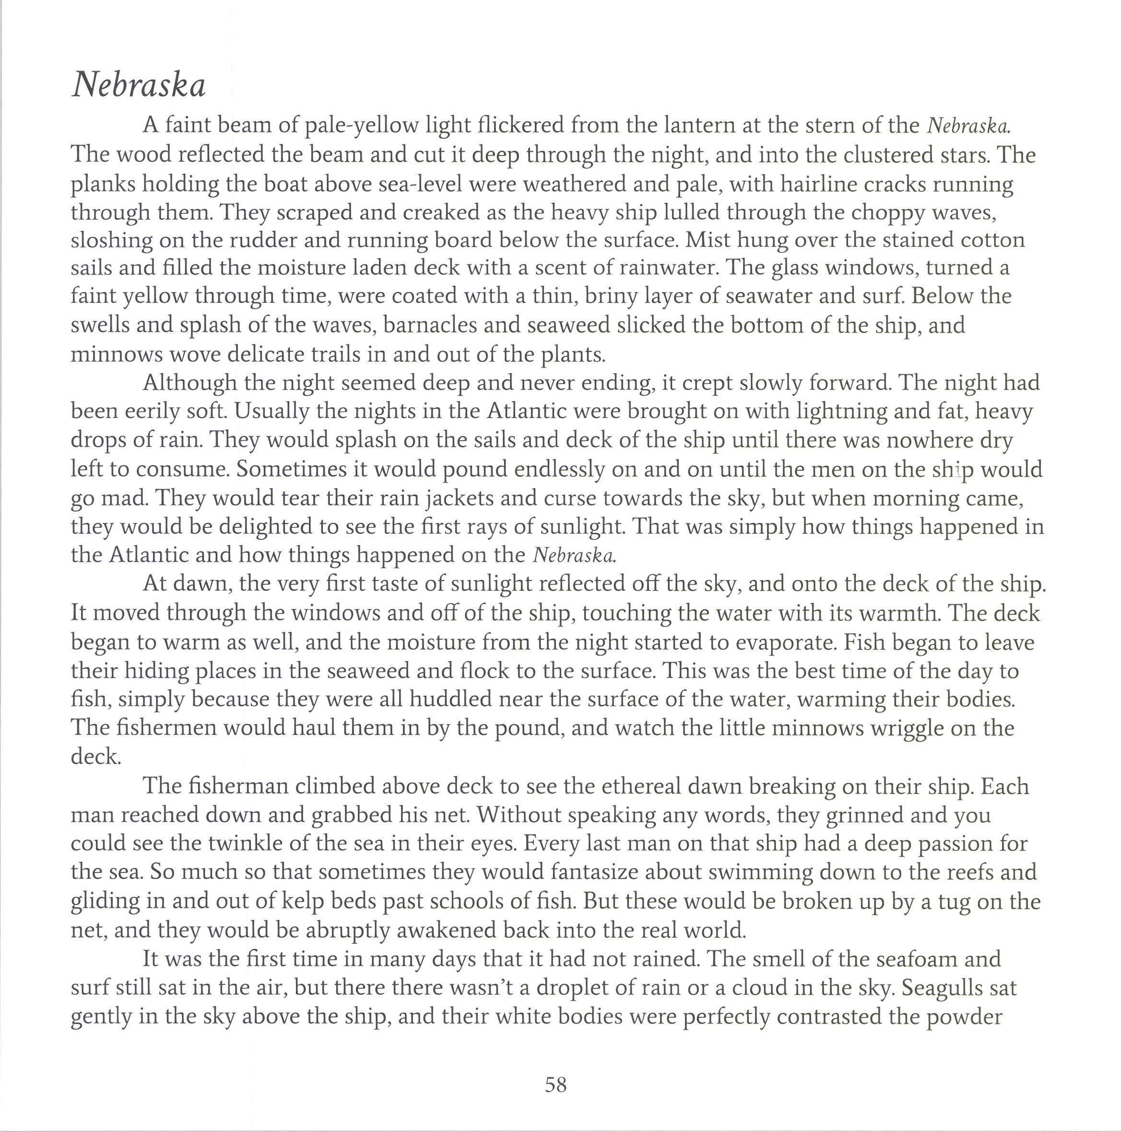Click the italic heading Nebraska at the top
[139, 85]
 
